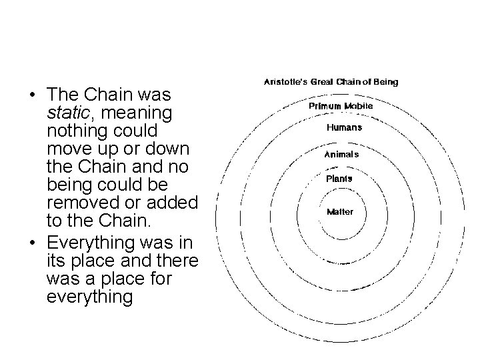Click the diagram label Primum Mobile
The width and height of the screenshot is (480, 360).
point(341,106)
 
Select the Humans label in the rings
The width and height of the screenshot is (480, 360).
point(344,127)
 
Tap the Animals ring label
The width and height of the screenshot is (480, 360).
point(341,154)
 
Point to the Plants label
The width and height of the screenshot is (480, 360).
point(339,179)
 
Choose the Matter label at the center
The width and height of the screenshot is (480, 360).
point(340,212)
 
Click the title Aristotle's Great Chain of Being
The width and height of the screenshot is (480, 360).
point(332,83)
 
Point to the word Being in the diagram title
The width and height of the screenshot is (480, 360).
point(384,83)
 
